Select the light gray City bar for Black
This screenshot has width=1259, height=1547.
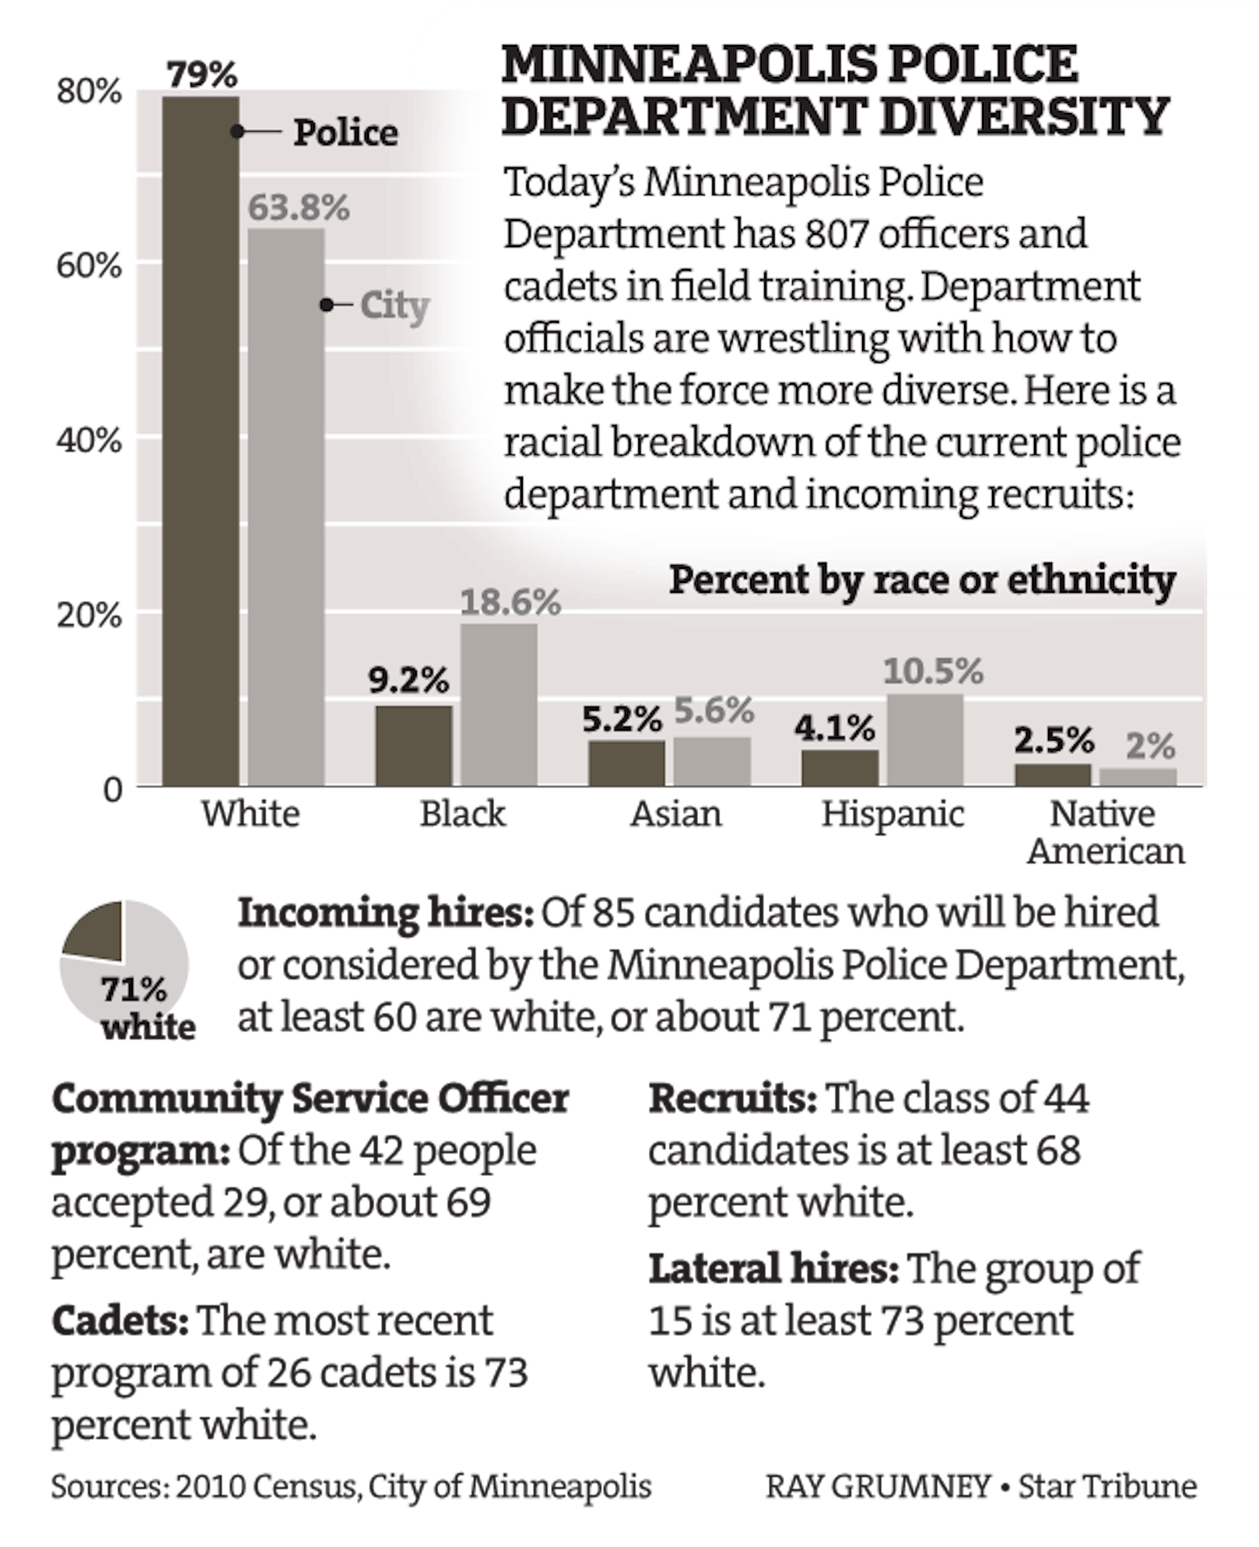click(499, 704)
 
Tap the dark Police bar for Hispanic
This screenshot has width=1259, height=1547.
click(840, 767)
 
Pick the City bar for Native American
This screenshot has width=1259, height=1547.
click(1138, 777)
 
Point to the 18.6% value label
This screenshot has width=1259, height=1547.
click(511, 603)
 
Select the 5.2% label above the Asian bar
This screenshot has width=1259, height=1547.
click(621, 719)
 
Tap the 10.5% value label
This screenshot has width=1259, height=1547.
click(933, 671)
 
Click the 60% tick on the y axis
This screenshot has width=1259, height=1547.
click(89, 266)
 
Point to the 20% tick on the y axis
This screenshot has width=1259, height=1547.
click(89, 616)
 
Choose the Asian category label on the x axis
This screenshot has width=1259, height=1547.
click(676, 814)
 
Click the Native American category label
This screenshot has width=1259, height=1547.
click(1104, 832)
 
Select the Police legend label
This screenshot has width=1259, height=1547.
click(345, 133)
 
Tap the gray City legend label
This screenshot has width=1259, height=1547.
click(395, 305)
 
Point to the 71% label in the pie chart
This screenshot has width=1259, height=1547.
click(133, 989)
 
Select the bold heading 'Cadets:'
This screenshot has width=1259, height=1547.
click(119, 1321)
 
